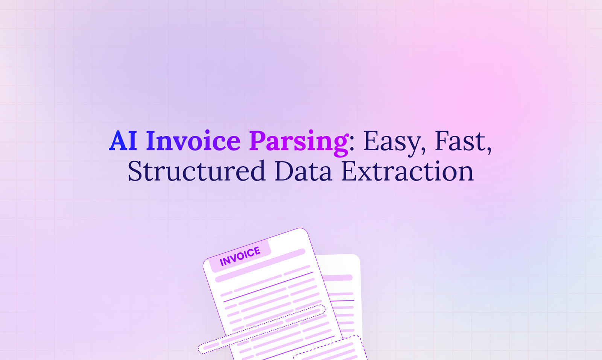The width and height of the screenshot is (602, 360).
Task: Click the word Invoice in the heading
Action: (193, 141)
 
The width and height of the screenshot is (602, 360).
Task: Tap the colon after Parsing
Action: (352, 144)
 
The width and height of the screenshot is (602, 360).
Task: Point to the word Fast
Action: (460, 141)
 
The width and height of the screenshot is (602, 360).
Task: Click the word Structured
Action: (197, 171)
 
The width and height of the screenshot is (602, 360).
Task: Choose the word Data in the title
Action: (303, 171)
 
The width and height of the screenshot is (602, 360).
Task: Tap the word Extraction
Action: (407, 171)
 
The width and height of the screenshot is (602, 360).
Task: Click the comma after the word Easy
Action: (424, 150)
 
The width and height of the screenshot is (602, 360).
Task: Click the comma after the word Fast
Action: (489, 150)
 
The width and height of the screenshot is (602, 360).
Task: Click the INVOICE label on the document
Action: (240, 256)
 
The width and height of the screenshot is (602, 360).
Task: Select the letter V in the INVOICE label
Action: (233, 258)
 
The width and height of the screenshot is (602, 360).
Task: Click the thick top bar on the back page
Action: (338, 278)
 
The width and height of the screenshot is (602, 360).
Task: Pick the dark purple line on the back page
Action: (342, 301)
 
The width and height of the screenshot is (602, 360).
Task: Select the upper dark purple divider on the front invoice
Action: (268, 287)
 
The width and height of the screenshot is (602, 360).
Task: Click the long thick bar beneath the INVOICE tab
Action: (260, 266)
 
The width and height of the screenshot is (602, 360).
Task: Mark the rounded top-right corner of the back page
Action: (357, 257)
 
